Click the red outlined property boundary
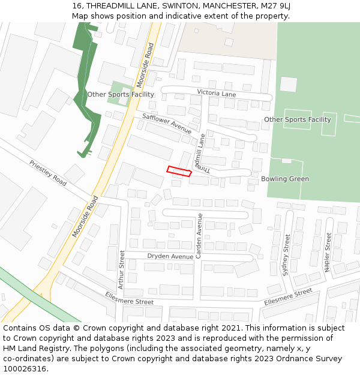click(x=179, y=172)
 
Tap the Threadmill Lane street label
click(x=202, y=154)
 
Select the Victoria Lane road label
click(x=216, y=94)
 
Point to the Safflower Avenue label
click(x=167, y=123)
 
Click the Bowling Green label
click(x=285, y=179)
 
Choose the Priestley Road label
click(x=48, y=172)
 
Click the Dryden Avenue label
click(x=170, y=256)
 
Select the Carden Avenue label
click(x=199, y=236)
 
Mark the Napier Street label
click(x=328, y=252)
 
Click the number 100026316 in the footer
click(x=24, y=368)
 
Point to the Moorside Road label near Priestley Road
click(x=85, y=216)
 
